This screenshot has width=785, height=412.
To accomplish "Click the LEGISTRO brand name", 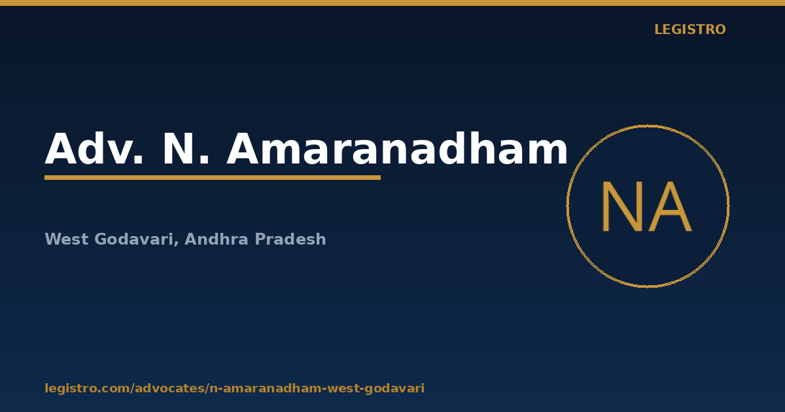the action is click(x=689, y=29).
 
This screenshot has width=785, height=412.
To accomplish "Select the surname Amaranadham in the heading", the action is click(x=396, y=148).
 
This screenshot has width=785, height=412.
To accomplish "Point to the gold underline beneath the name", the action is click(x=213, y=178).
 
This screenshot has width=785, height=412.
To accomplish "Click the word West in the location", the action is click(x=67, y=239).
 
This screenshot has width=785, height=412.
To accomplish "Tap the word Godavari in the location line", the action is click(x=134, y=239).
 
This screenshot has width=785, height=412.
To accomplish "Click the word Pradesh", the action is click(x=290, y=239).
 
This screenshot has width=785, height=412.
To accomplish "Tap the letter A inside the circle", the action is click(x=671, y=207).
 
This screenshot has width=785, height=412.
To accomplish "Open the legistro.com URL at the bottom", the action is click(x=234, y=388).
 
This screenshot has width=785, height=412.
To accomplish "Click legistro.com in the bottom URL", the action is click(x=87, y=388).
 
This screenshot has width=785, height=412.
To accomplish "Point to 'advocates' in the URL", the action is click(x=170, y=388).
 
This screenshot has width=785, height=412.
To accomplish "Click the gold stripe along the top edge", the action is click(x=392, y=3).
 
